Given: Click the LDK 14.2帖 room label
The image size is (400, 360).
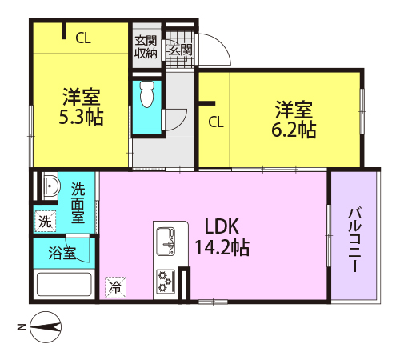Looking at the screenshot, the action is point(222,237).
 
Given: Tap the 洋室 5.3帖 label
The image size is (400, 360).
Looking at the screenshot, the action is point(81,107).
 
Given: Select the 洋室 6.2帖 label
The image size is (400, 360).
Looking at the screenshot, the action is point(294,119).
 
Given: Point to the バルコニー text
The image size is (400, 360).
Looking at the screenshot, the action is point(355,239).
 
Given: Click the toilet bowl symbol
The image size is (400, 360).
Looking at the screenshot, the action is point(147,94).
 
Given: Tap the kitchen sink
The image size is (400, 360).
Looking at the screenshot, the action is point(166,242).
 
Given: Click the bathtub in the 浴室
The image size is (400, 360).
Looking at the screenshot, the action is point(64,284).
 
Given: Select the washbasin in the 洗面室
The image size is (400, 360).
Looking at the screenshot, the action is point(50,185).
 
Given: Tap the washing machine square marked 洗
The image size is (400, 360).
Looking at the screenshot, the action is point(46,221).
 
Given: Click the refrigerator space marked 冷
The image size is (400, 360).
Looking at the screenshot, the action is point(115,287).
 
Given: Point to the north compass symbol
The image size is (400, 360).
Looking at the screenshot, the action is point(46,327).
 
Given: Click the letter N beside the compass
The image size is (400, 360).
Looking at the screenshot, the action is point(22,327).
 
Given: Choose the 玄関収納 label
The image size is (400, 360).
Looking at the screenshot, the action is point(146,47).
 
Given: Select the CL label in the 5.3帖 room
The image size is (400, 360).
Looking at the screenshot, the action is point(83,38).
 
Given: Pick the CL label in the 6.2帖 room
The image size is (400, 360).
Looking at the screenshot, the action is point(216,122).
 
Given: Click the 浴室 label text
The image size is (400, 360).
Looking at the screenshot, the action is point(62,253).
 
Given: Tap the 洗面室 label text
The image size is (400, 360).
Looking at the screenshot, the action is point(78,203).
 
